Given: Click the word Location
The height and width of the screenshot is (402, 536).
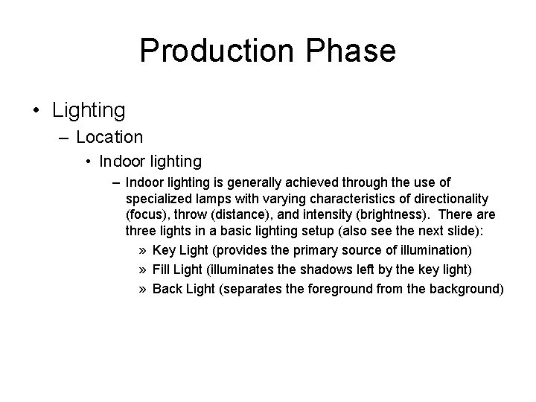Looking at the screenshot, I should [109, 137].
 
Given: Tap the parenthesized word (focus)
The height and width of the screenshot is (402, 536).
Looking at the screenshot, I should [147, 215].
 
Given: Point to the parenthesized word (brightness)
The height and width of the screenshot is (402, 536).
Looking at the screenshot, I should [395, 215].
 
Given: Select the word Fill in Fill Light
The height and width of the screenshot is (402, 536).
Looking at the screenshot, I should [162, 268].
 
